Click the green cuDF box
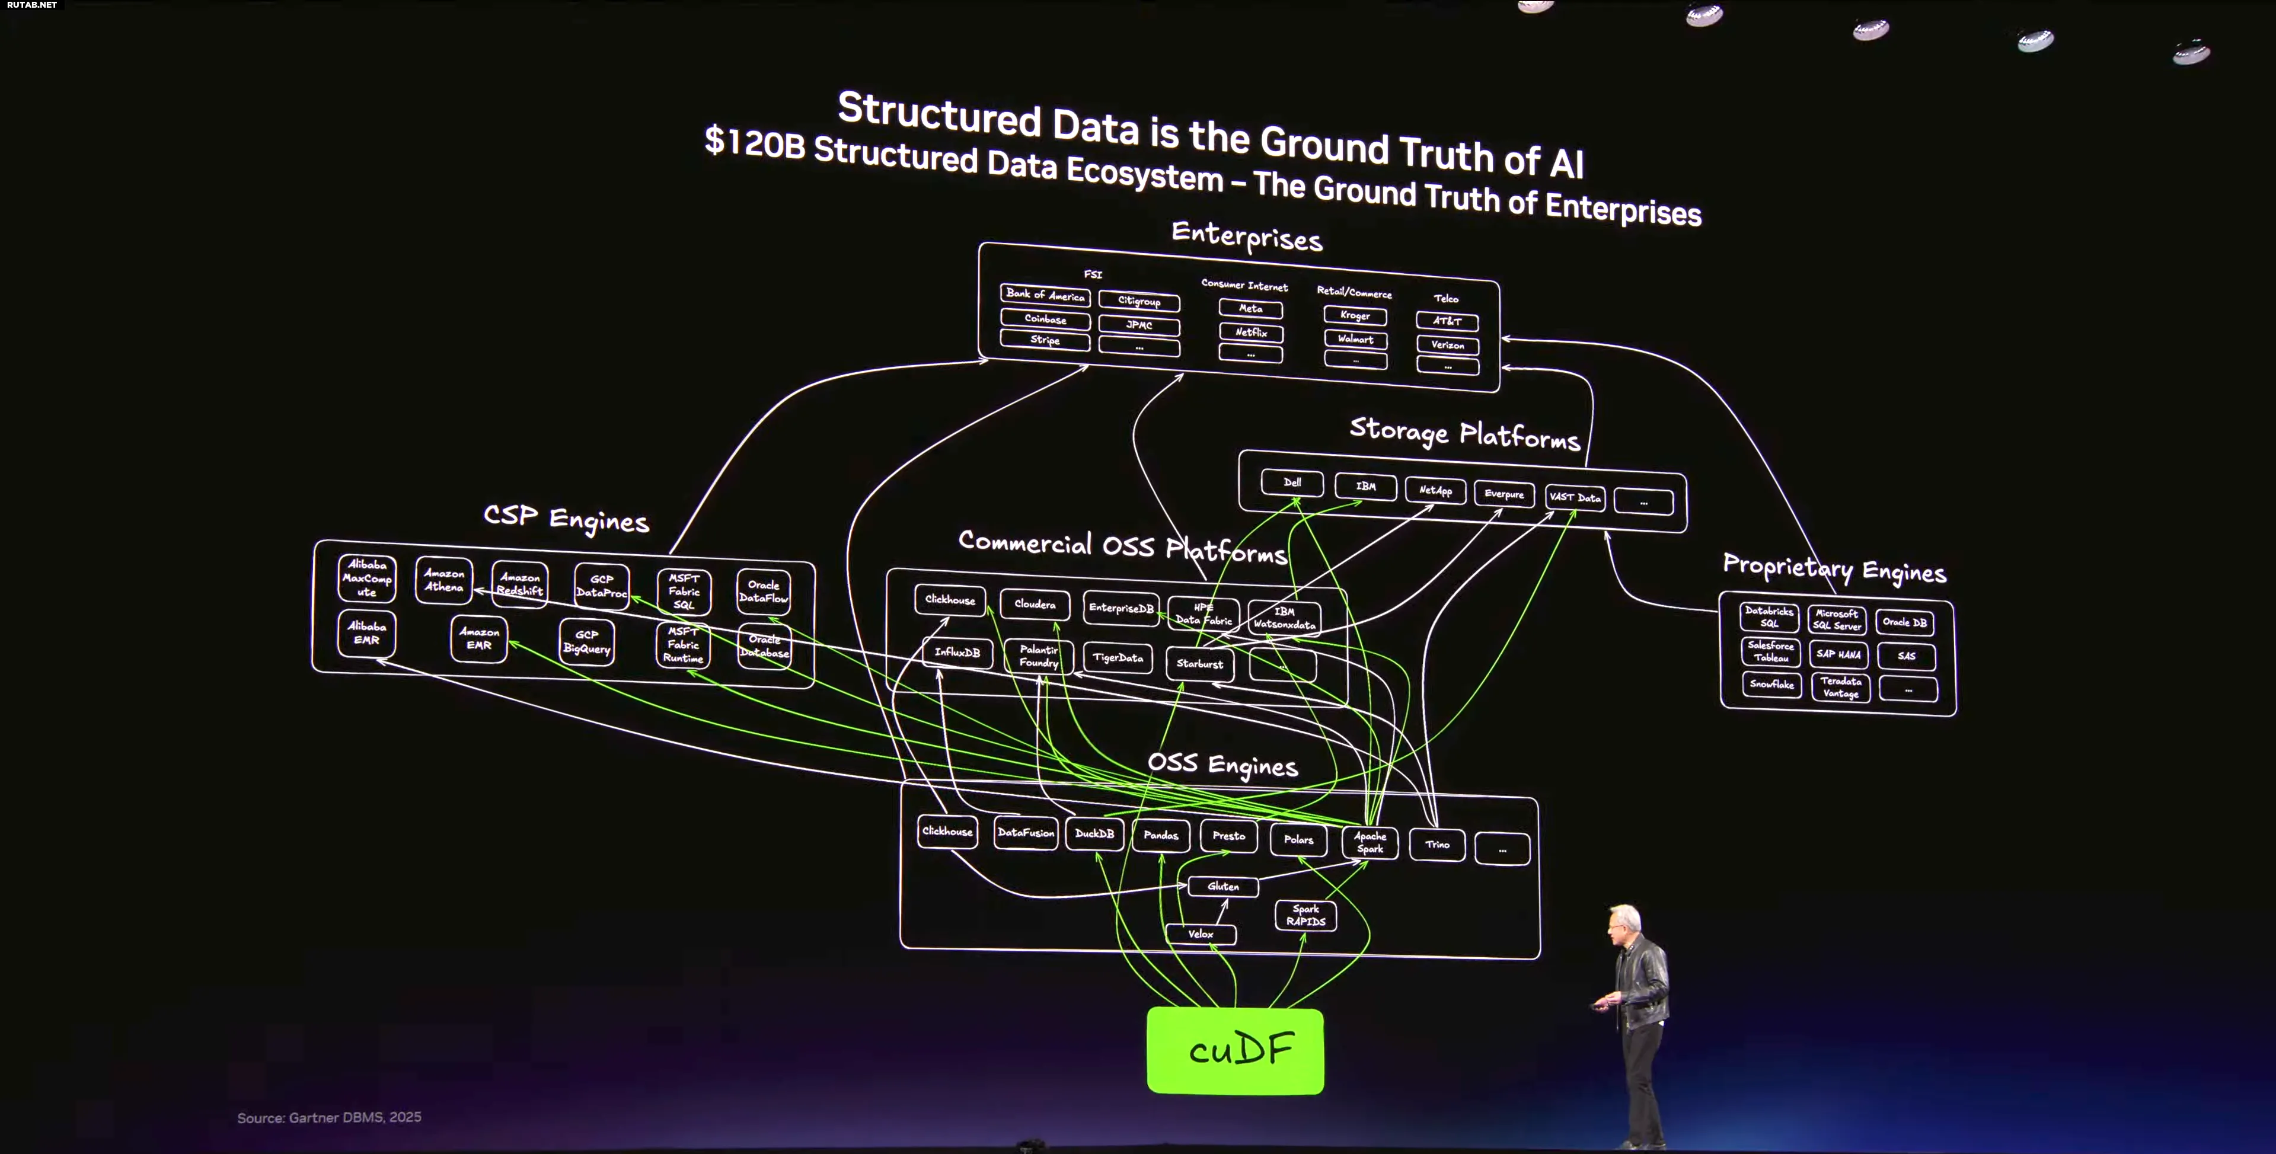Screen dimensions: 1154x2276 [1234, 1051]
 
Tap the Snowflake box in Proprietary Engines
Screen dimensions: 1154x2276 [1771, 684]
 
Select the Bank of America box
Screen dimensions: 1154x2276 [1045, 295]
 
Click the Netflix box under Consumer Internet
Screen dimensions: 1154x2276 [1250, 333]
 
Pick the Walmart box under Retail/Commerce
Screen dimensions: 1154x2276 [1355, 338]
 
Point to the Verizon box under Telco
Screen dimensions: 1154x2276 [1447, 344]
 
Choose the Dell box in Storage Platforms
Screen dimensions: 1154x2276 [1292, 482]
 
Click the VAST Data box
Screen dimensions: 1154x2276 [1575, 497]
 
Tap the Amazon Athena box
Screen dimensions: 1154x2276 [443, 580]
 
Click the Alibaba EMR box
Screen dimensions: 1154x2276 [366, 632]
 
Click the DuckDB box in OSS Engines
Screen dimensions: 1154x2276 [1094, 833]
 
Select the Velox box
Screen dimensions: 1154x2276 [1200, 934]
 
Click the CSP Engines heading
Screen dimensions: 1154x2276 [566, 518]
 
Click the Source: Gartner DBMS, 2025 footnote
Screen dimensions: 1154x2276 [328, 1118]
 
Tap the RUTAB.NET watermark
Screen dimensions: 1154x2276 [32, 5]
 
